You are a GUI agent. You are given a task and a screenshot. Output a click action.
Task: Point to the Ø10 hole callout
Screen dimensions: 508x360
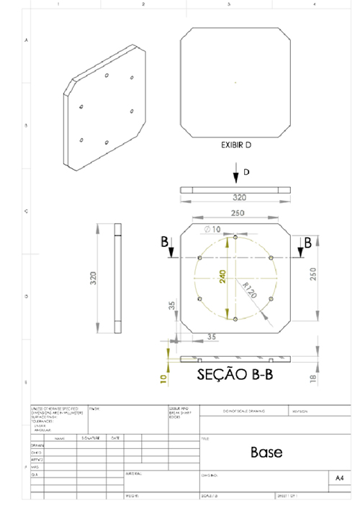click(x=213, y=229)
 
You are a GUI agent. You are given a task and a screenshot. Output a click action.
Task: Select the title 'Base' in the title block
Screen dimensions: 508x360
click(x=266, y=452)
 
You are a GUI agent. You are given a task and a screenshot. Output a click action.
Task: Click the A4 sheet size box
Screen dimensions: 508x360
click(x=340, y=477)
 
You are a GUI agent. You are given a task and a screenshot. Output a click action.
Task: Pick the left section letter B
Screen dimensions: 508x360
click(x=166, y=242)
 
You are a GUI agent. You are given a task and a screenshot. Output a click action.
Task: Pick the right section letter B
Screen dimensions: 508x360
click(x=308, y=242)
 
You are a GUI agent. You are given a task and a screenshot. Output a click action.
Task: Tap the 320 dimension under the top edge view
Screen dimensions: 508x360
click(x=235, y=196)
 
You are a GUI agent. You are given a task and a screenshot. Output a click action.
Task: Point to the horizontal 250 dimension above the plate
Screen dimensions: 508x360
click(x=235, y=214)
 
